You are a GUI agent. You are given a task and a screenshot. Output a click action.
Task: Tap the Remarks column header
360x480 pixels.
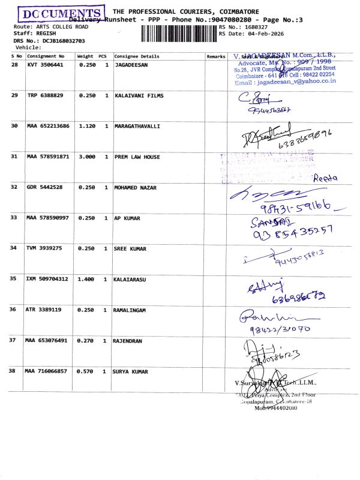215,56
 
